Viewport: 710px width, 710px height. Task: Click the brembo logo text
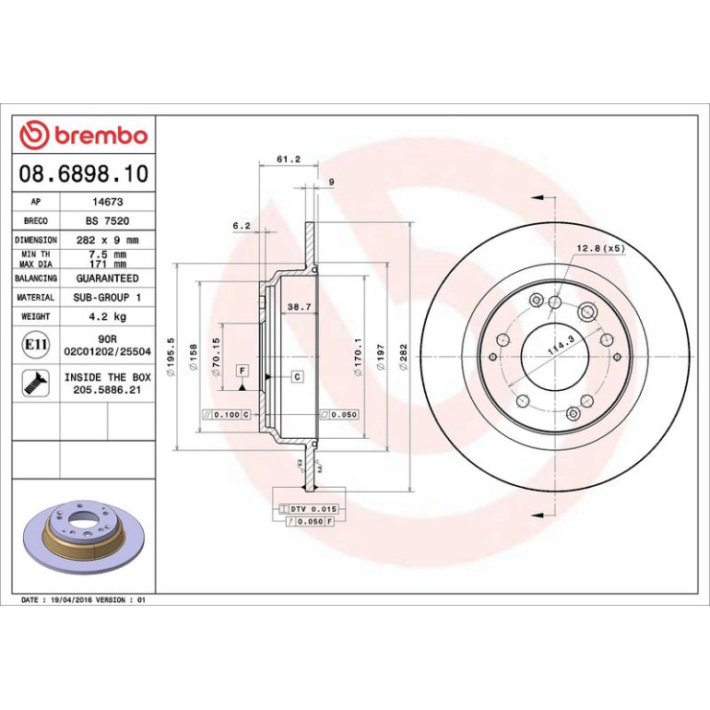click(x=101, y=136)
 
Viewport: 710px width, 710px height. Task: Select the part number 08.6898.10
click(x=84, y=173)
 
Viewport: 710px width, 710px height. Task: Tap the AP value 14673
click(x=107, y=202)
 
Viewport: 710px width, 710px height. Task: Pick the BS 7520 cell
click(x=107, y=221)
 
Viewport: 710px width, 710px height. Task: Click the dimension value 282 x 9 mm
click(x=107, y=240)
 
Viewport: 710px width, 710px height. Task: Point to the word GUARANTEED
click(x=107, y=278)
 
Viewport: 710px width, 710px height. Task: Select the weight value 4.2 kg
click(x=107, y=316)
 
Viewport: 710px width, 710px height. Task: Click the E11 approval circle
click(x=36, y=345)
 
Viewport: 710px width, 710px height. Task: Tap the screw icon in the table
click(x=36, y=383)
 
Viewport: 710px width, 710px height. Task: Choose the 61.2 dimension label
click(x=289, y=160)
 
